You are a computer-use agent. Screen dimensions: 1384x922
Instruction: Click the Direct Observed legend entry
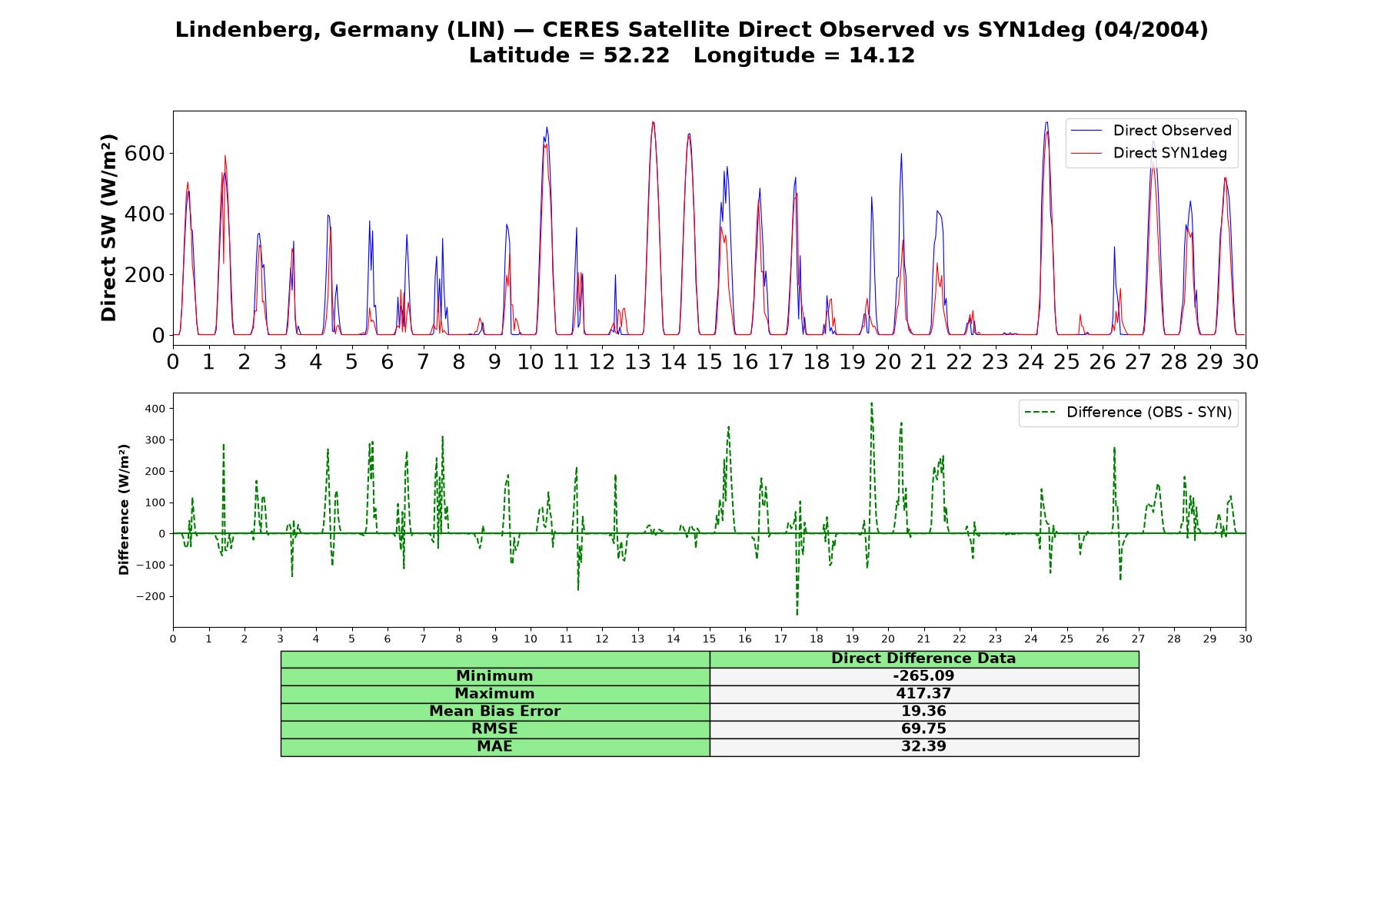coord(1149,131)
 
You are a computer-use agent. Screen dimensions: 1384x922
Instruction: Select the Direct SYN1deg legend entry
coord(1149,153)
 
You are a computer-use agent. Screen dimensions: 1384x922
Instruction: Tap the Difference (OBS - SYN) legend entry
coord(1128,413)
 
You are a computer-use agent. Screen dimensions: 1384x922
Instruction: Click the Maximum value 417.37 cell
coord(923,694)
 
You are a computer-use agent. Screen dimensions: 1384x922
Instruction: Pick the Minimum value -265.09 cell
coord(923,676)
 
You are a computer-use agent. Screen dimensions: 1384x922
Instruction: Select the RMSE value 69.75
coord(923,728)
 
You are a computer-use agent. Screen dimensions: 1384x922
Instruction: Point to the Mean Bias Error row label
coord(494,711)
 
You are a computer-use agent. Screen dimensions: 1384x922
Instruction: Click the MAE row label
coord(494,746)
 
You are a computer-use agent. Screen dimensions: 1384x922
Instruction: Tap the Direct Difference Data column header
coord(923,658)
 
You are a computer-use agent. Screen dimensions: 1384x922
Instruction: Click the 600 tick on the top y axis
coord(145,153)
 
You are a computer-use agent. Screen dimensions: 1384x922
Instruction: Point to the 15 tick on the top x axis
coord(709,362)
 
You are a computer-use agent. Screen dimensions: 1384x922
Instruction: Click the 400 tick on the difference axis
coord(155,408)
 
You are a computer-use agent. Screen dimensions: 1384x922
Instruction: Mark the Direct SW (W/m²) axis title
coord(109,227)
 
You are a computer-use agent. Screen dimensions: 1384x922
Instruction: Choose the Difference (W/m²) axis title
coord(124,509)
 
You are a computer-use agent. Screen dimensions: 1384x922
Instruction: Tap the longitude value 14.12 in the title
coord(882,55)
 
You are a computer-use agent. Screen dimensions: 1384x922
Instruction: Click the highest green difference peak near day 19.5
coord(871,403)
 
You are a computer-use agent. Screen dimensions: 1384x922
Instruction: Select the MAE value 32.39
coord(923,746)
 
